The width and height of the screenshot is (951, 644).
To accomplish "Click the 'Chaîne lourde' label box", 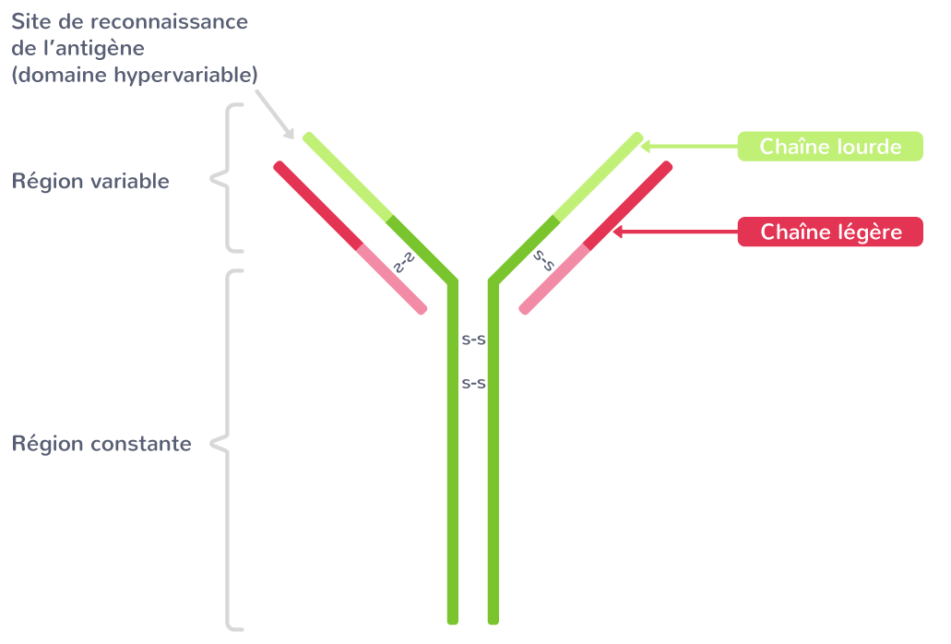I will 830,147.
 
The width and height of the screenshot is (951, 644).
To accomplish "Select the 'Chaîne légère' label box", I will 830,233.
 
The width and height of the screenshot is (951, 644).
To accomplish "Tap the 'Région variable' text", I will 90,181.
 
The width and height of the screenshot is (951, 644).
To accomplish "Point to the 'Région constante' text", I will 101,445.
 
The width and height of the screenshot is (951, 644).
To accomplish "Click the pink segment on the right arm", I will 554,280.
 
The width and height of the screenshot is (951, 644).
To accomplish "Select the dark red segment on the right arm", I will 628,207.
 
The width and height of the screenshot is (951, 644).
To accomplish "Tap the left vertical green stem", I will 452,461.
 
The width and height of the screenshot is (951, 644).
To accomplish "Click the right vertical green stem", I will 493,461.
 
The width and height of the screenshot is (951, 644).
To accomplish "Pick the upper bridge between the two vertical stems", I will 473,340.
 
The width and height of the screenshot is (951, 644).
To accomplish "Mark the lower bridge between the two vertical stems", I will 473,382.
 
